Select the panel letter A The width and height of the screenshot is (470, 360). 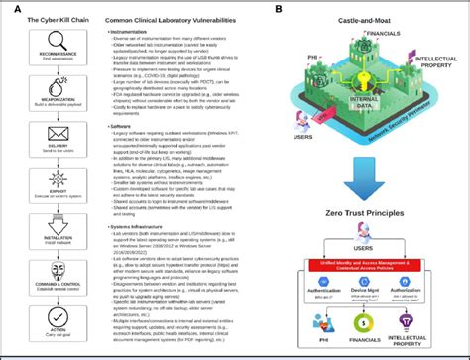point(9,7)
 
